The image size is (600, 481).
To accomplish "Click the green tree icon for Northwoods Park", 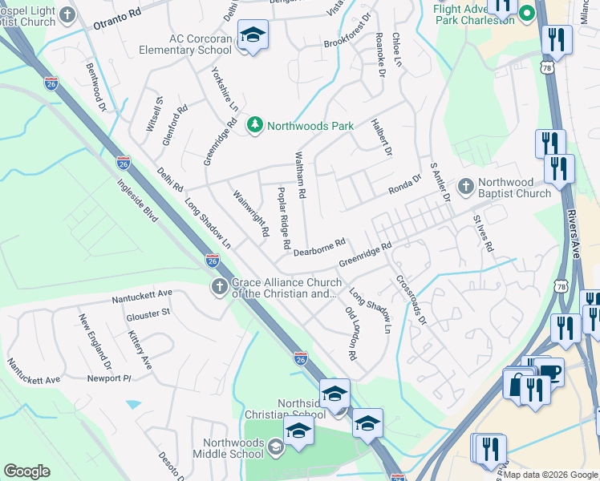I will [255, 125].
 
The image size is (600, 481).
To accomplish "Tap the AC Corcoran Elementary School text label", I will [200, 44].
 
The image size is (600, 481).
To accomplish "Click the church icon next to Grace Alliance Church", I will [219, 287].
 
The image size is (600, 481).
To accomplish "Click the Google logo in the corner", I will [26, 471].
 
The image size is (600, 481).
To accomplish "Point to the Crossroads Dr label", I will [409, 301].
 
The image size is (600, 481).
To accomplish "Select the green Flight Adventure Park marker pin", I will [527, 13].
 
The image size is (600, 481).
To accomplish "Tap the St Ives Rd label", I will [482, 232].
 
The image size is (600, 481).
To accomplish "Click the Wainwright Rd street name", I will [250, 213].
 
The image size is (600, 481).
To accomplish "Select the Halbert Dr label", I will [382, 137].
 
